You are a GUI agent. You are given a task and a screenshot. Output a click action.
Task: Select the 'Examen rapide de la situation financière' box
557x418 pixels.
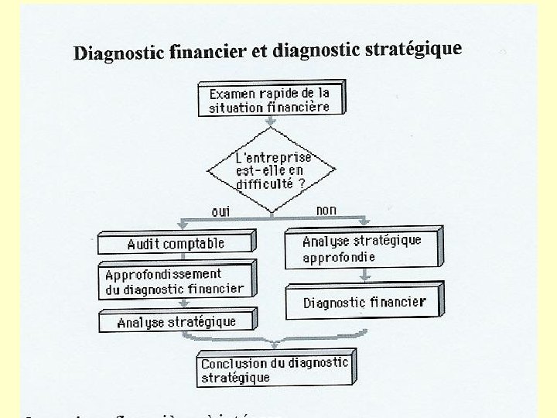pos(271,100)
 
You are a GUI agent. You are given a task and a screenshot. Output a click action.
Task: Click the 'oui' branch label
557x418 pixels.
pos(220,211)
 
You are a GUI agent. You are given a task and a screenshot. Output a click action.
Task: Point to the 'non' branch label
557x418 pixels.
pos(326,210)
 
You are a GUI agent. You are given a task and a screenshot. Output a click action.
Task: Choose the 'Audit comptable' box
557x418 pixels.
pos(176,243)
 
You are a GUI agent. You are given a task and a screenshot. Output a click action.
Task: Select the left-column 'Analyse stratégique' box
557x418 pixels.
pos(177,321)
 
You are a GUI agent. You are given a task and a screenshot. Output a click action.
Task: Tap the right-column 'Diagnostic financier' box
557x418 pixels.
pos(364,302)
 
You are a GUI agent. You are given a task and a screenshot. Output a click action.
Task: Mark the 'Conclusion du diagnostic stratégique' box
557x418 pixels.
pos(275,370)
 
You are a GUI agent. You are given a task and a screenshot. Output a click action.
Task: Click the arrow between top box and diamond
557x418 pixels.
pos(270,122)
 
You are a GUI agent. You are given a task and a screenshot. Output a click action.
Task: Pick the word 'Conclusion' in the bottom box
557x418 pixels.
pos(234,363)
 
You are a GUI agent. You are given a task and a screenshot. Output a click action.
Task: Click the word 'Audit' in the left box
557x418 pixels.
pos(143,244)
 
